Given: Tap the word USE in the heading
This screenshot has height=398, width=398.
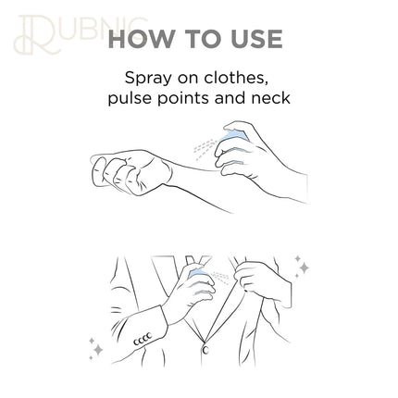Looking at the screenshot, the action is point(256,39).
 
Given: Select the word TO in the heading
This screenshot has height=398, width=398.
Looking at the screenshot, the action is point(203,39).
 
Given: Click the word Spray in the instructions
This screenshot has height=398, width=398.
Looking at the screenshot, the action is point(148,79).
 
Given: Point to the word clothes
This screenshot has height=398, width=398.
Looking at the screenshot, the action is point(235,78).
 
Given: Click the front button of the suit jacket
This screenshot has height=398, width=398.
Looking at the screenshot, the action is point(205,350).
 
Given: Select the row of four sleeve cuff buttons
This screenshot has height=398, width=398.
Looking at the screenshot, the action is point(143,339).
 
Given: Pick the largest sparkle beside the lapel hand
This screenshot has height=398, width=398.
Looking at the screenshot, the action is point(304,267).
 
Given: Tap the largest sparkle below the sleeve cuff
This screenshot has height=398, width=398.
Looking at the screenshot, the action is point(99,350).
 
